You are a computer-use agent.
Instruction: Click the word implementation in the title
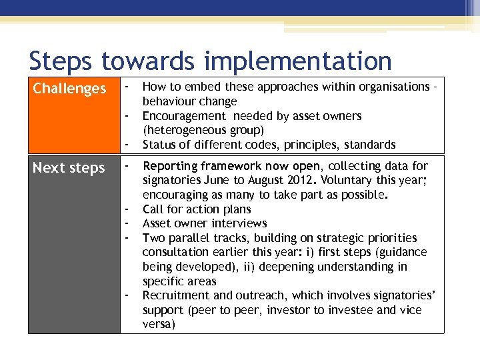[x=298, y=61]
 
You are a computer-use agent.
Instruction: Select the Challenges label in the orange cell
[x=69, y=89]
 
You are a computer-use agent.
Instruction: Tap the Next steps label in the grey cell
[x=69, y=168]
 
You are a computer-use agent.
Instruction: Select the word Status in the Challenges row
[x=159, y=145]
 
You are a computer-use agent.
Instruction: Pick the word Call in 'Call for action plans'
[x=153, y=209]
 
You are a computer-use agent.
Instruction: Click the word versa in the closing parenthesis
[x=158, y=324]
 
